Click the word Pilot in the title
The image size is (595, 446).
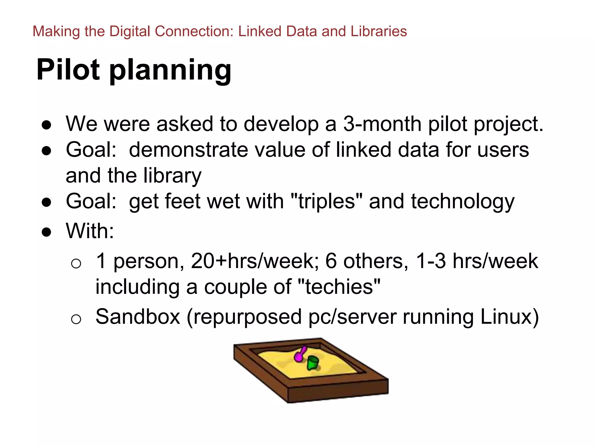[68, 70]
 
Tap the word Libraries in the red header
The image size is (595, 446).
[379, 31]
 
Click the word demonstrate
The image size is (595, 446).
[189, 150]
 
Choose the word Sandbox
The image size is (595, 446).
[138, 317]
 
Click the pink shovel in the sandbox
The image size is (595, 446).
[300, 354]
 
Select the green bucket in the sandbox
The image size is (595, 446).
[313, 363]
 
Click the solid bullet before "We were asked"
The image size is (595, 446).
[46, 125]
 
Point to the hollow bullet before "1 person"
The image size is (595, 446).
[76, 264]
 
